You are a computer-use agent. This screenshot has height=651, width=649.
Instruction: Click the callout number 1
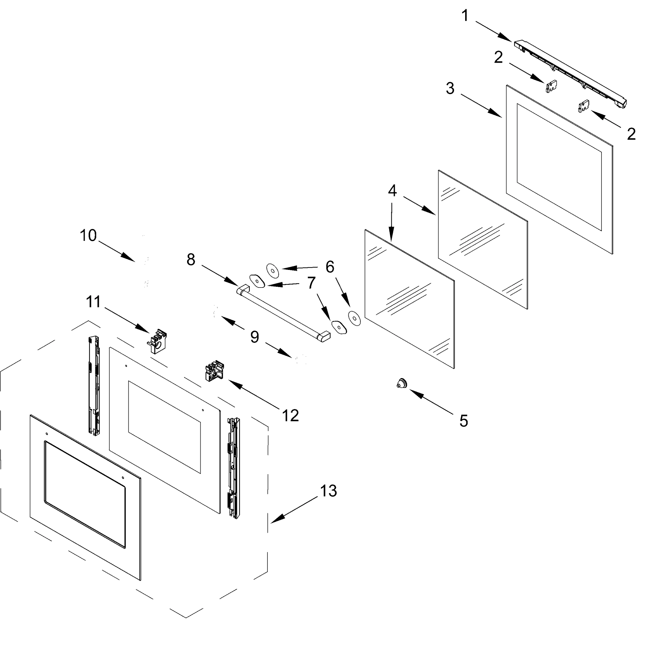[465, 16]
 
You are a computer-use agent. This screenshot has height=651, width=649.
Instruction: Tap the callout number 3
[450, 88]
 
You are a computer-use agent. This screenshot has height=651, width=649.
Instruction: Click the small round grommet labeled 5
[402, 383]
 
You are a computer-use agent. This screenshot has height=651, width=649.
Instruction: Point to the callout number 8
[191, 260]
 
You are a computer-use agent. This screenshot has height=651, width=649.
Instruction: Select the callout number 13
[329, 491]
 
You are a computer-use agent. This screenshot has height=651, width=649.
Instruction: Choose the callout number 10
[88, 235]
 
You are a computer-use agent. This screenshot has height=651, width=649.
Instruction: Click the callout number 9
[255, 337]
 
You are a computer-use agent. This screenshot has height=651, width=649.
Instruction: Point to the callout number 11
[93, 302]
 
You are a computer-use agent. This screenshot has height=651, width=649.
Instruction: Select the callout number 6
[330, 267]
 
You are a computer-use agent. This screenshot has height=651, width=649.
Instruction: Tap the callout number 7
[311, 283]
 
